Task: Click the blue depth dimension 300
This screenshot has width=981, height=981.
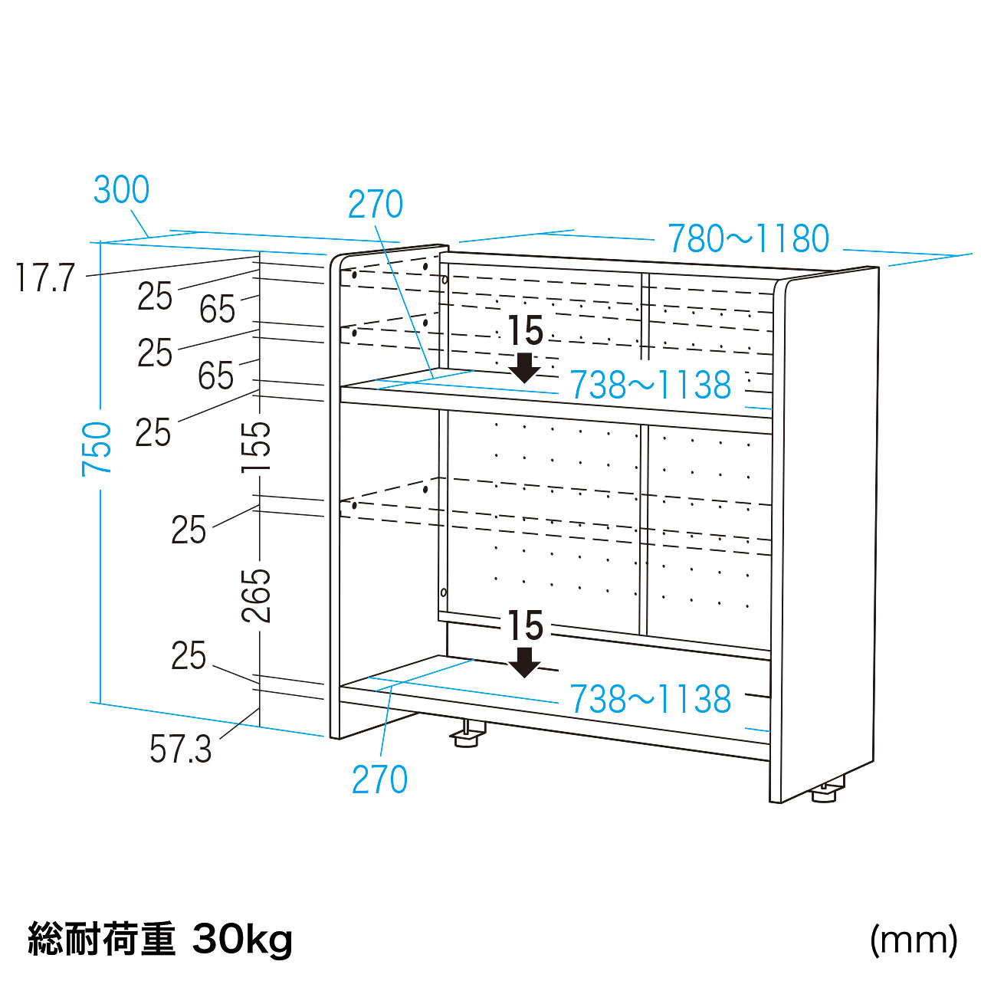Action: coord(121,190)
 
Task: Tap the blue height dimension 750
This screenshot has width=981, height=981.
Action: coord(97,449)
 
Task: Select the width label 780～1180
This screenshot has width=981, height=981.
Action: coord(748,238)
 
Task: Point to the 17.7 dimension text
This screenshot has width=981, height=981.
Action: coord(46,277)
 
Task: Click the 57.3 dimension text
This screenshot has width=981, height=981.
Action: coord(181,750)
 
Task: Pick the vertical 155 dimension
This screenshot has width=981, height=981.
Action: coord(255,447)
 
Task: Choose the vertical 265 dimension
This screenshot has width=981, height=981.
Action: coord(255,595)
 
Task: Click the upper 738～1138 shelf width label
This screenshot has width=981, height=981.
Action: coord(650,385)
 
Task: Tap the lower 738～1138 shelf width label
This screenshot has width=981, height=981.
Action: coord(650,699)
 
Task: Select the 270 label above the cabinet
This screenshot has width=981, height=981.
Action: coord(376,204)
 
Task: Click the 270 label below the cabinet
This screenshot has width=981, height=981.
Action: coord(380,779)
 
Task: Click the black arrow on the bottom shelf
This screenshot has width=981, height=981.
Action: coord(524,662)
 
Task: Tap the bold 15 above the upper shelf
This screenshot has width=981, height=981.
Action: coord(526,330)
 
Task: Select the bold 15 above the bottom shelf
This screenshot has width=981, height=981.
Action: coord(526,625)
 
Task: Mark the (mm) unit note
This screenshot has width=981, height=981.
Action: coord(914,940)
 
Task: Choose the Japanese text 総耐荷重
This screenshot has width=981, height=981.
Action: coord(102,938)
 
